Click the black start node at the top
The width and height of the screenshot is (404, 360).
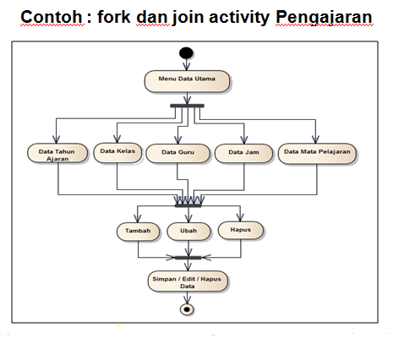point(187,56)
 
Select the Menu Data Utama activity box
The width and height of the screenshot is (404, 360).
point(187,81)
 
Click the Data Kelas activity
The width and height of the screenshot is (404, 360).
point(117,153)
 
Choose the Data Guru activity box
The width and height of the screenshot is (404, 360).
point(177,154)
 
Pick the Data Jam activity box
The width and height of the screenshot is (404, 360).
point(243,153)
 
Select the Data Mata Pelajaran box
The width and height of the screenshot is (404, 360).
point(316,153)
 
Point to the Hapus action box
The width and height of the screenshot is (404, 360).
point(240,229)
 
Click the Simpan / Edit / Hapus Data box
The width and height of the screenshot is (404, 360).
point(188,281)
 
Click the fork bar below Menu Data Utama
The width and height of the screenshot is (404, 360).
point(187,106)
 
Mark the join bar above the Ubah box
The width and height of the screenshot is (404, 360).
point(188,204)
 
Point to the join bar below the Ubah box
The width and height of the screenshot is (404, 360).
point(188,257)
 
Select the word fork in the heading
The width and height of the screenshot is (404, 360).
point(119,17)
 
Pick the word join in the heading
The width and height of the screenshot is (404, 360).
point(186,17)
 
